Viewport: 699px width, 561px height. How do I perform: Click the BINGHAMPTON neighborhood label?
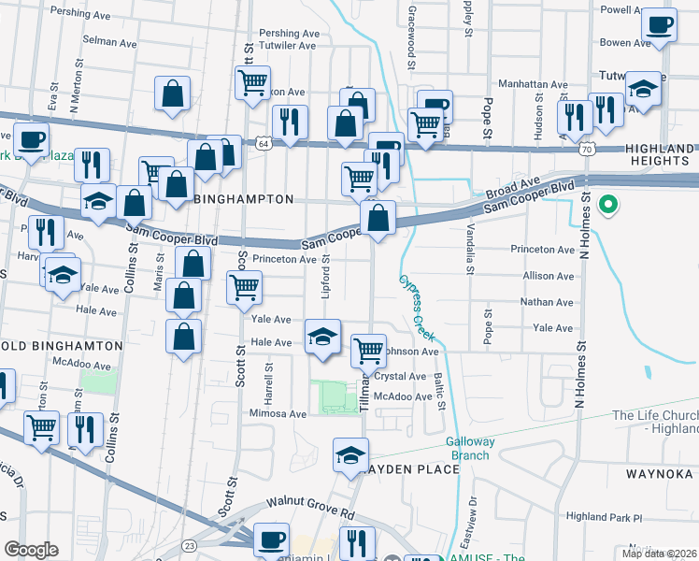[243, 199]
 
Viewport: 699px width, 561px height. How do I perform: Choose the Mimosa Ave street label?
[278, 413]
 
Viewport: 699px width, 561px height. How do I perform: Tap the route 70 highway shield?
[587, 149]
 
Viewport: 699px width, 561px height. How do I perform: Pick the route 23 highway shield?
[190, 545]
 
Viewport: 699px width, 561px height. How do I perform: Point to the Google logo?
[32, 550]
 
